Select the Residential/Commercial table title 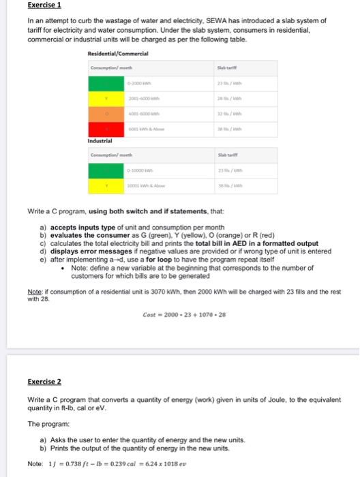point(120,55)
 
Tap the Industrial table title point(100,141)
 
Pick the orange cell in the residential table point(106,114)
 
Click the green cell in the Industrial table point(106,169)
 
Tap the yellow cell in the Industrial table point(106,184)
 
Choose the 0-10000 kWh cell point(142,169)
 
